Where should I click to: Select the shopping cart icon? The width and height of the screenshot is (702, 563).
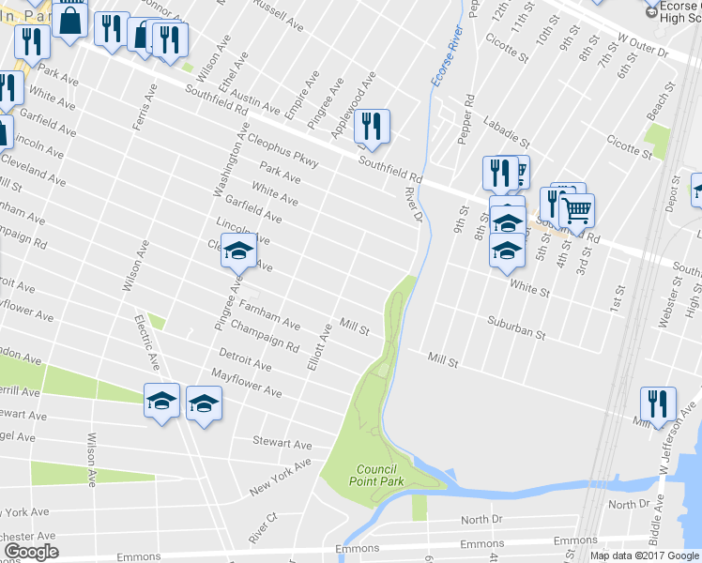[576, 210]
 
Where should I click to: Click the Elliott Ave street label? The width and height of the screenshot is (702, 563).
[319, 346]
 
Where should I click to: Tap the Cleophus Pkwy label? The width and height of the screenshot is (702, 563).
[284, 150]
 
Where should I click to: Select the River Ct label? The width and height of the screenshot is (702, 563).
[261, 529]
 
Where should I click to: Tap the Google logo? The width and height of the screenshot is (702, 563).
[30, 552]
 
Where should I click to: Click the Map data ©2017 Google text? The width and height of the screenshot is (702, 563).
[646, 555]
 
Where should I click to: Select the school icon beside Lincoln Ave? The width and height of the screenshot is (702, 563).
[238, 251]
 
